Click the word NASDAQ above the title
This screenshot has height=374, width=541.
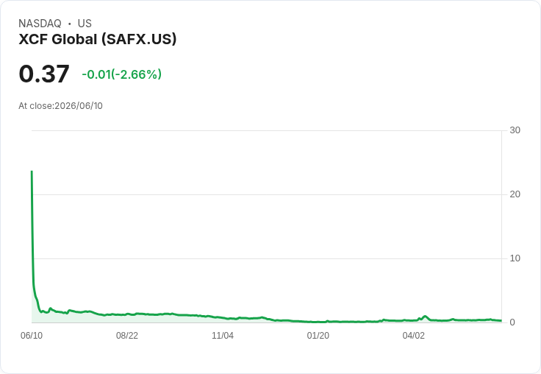pyautogui.click(x=40, y=24)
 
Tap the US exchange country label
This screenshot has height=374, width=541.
pyautogui.click(x=85, y=24)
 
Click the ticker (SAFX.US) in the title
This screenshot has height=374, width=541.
pyautogui.click(x=139, y=39)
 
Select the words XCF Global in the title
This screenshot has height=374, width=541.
pyautogui.click(x=58, y=39)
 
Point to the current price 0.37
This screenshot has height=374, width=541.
pyautogui.click(x=44, y=74)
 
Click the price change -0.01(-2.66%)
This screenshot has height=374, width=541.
pyautogui.click(x=122, y=74)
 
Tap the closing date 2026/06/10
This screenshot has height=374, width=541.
pyautogui.click(x=79, y=106)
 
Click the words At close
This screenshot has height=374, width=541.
pyautogui.click(x=35, y=106)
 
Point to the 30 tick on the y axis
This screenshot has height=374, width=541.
pyautogui.click(x=515, y=130)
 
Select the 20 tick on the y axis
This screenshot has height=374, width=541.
pyautogui.click(x=515, y=194)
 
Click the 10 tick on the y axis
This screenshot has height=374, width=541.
pyautogui.click(x=515, y=258)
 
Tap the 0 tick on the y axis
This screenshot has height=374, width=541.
pyautogui.click(x=512, y=322)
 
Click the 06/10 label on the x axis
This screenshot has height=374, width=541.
pyautogui.click(x=32, y=336)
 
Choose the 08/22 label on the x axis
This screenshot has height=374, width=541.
pyautogui.click(x=127, y=336)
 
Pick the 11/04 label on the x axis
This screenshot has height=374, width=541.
pyautogui.click(x=223, y=336)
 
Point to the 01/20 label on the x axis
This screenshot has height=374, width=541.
pyautogui.click(x=318, y=336)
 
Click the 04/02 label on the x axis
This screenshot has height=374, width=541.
pyautogui.click(x=413, y=336)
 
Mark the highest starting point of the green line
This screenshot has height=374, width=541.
pyautogui.click(x=32, y=171)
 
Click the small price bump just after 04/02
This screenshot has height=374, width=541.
pyautogui.click(x=425, y=317)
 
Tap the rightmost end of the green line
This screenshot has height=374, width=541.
pyautogui.click(x=501, y=321)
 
